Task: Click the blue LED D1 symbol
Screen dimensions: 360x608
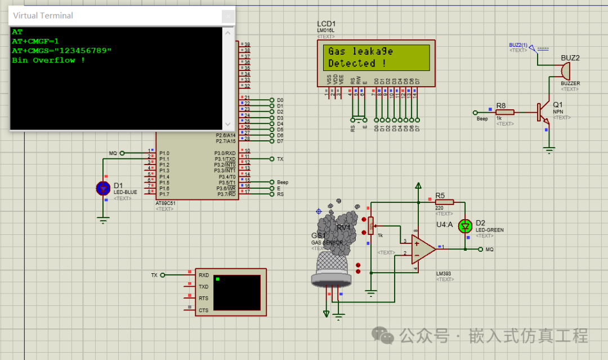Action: pos(102,188)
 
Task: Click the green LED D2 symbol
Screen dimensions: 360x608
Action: pos(465,226)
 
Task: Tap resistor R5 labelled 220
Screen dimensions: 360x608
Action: pos(444,202)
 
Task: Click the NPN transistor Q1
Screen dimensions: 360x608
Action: pos(543,112)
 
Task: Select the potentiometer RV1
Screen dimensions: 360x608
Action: pos(370,226)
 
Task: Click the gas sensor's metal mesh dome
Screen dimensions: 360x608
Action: pos(332,264)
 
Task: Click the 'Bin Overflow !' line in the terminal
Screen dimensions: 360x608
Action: pos(48,60)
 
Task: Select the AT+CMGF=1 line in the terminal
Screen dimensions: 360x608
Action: pos(35,42)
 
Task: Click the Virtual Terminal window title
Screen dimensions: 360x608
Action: pos(43,15)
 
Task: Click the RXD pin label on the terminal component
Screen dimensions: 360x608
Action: pos(204,275)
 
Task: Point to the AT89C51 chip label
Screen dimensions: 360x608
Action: pos(167,203)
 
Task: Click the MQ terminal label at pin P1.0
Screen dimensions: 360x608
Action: pos(113,153)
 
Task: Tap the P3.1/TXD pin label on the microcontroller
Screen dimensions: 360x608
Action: pos(225,159)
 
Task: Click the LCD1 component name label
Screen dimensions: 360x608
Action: pos(328,24)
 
